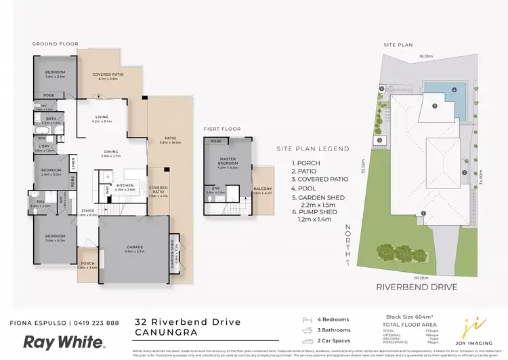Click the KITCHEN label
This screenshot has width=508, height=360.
[x=125, y=186]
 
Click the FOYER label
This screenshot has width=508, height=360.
[x=88, y=212]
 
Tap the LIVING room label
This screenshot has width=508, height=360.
[x=102, y=118]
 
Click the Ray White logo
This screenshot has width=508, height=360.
[x=64, y=342]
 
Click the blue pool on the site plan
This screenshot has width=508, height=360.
[x=445, y=96]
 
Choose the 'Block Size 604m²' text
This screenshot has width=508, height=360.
[x=389, y=317]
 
